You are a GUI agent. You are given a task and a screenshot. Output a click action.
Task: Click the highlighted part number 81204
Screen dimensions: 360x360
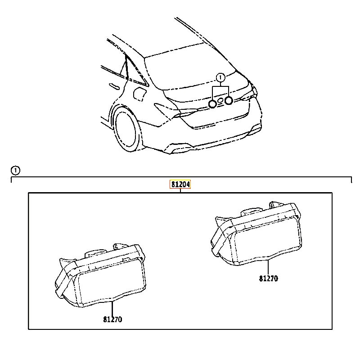[x=180, y=184]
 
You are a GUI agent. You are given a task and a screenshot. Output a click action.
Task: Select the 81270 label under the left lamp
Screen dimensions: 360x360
[x=112, y=319]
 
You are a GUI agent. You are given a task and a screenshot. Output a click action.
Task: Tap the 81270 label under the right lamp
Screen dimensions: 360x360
[x=268, y=279]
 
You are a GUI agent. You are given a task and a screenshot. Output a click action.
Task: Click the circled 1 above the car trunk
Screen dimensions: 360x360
[x=220, y=77]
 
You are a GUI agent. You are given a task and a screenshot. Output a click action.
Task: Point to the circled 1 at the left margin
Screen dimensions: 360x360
[x=15, y=171]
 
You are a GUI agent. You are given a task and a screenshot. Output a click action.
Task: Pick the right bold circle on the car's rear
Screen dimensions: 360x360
[x=229, y=100]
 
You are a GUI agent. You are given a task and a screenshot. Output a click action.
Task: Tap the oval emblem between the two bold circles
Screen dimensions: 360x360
[x=220, y=100]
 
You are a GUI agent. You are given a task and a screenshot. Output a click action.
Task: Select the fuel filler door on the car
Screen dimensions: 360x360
[x=139, y=94]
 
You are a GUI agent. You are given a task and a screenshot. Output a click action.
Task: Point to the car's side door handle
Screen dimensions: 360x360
[x=114, y=86]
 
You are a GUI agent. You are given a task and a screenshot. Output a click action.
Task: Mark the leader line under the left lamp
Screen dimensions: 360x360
[x=112, y=309]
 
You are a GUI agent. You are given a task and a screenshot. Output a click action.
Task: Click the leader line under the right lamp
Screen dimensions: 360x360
[x=268, y=267]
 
